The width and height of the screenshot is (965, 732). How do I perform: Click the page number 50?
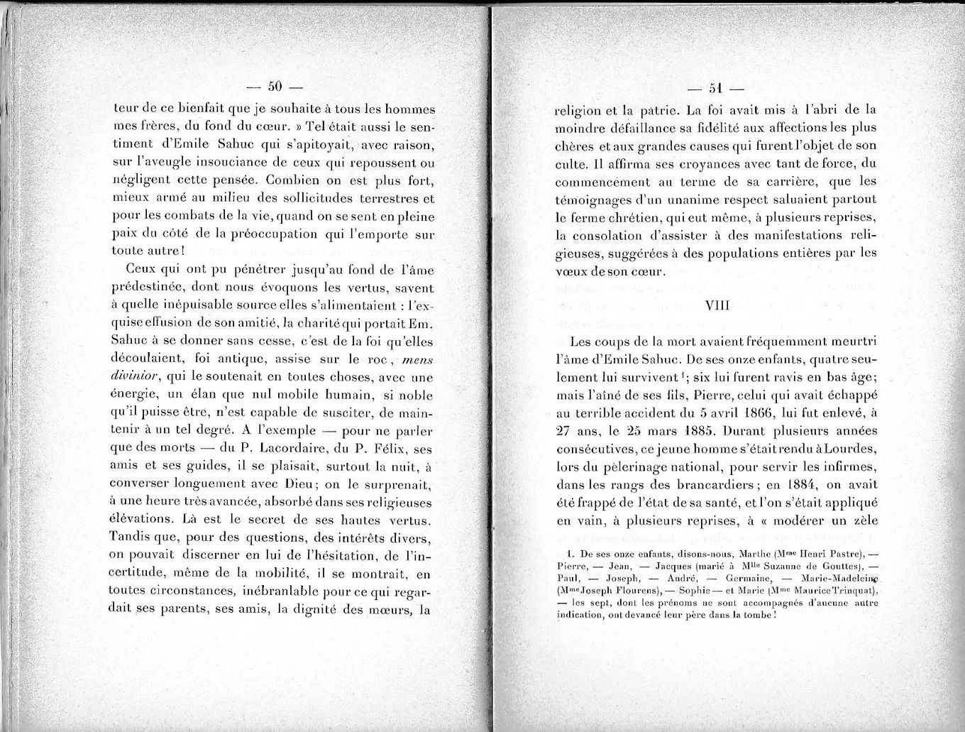275,87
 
